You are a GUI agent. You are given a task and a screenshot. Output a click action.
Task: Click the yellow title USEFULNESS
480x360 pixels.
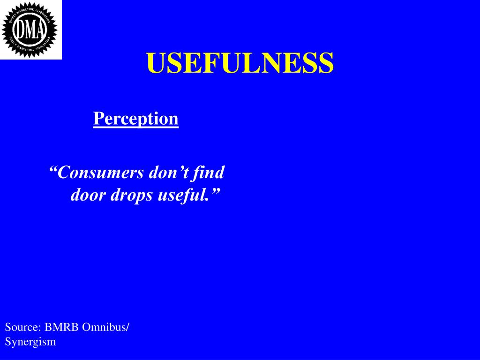tap(240, 63)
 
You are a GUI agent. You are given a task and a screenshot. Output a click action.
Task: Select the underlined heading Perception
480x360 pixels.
tap(136, 119)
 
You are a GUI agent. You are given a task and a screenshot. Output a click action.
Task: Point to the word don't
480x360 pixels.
tap(168, 173)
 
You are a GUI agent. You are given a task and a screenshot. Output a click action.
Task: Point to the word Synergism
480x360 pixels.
tap(30, 342)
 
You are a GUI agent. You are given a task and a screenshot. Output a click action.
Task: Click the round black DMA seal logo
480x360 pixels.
tap(30, 29)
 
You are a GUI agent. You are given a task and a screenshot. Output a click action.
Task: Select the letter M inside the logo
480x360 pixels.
tap(30, 30)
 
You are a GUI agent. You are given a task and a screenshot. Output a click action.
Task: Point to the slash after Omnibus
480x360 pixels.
tap(127, 327)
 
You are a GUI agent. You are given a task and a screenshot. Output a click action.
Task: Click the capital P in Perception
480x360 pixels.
tap(98, 118)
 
